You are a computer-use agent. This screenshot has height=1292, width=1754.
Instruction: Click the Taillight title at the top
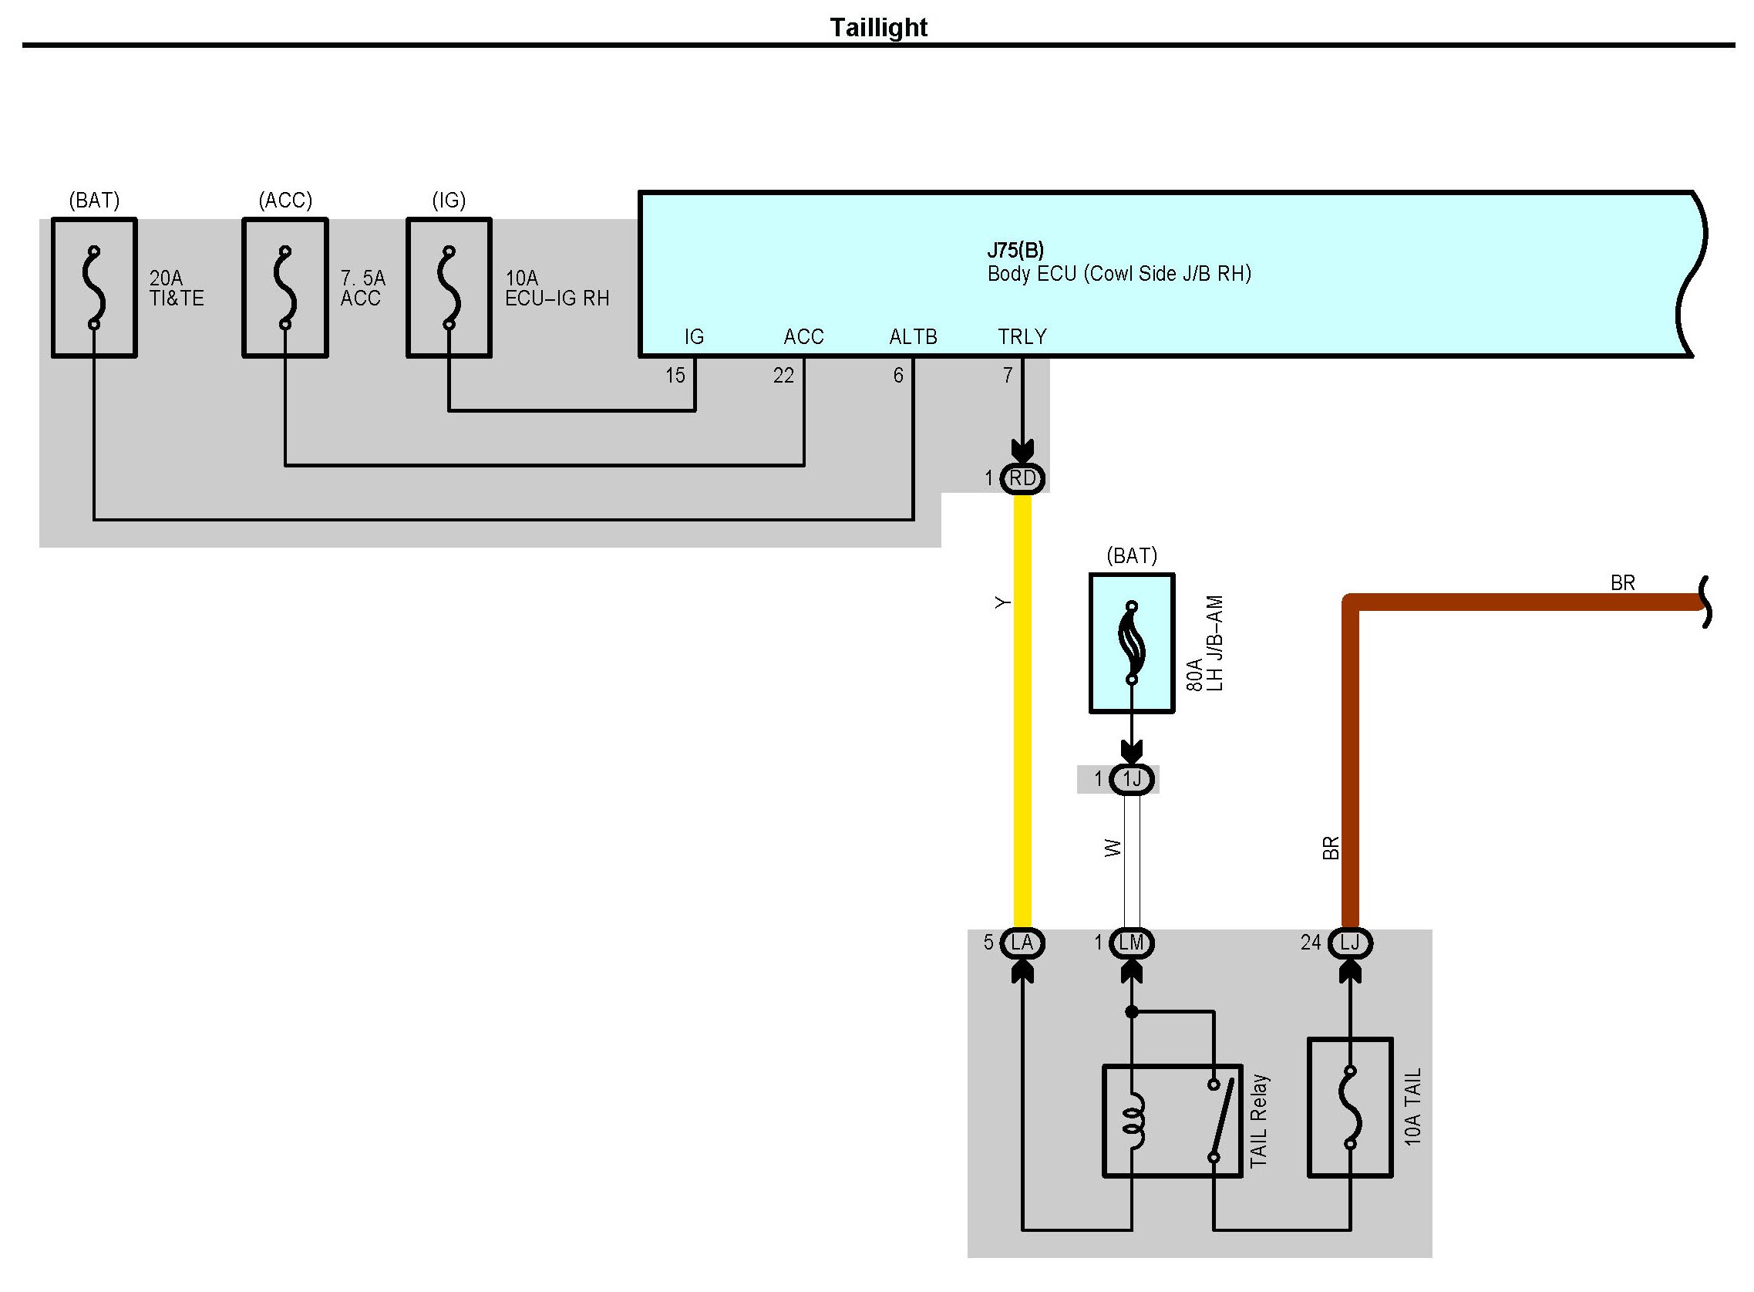(x=878, y=27)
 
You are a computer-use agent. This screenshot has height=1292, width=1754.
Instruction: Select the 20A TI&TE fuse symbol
(x=95, y=288)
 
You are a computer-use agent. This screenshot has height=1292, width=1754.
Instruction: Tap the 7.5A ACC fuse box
(x=285, y=288)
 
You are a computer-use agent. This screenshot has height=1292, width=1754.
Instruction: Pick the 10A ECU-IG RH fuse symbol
(x=449, y=288)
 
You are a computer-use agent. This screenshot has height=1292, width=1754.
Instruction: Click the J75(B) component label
(x=1015, y=250)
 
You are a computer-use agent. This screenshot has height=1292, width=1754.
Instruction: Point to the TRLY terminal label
(x=1022, y=336)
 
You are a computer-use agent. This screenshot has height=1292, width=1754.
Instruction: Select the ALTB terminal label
(x=913, y=336)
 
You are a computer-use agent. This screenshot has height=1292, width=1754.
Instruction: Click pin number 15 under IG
(x=675, y=376)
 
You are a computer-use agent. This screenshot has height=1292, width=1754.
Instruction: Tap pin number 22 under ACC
(x=784, y=376)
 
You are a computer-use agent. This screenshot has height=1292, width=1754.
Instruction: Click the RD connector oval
(x=1022, y=478)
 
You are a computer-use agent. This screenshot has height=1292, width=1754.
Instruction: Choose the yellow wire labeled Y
(x=1022, y=711)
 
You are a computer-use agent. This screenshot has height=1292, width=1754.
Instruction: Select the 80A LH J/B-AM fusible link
(x=1132, y=643)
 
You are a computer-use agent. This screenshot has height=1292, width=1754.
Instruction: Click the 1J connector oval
(x=1132, y=779)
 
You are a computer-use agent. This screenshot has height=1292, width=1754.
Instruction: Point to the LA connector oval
(x=1022, y=943)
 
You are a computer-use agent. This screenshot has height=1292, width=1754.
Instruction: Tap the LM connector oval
(x=1132, y=943)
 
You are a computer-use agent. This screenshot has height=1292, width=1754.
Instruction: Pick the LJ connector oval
(x=1351, y=943)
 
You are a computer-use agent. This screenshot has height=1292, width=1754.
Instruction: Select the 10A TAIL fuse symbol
(x=1351, y=1108)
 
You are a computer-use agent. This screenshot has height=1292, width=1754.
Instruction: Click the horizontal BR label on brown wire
(x=1623, y=582)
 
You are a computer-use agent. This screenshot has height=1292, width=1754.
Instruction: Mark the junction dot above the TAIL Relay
(x=1132, y=1012)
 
